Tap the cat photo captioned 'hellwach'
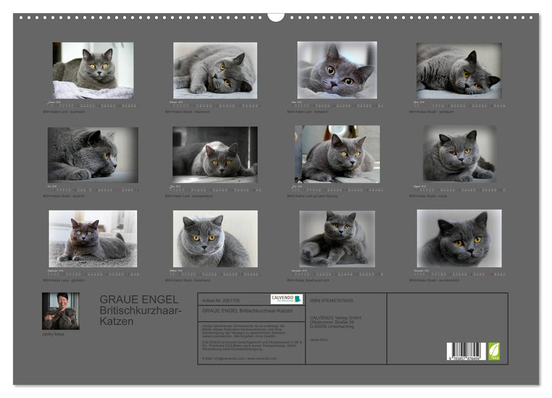pyautogui.click(x=337, y=70)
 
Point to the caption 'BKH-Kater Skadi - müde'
pyautogui.click(x=430, y=196)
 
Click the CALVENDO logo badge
pyautogui.click(x=287, y=299)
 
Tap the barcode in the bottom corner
pyautogui.click(x=466, y=351)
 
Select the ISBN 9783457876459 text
pyautogui.click(x=331, y=300)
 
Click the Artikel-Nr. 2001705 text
pyautogui.click(x=222, y=300)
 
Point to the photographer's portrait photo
pyautogui.click(x=61, y=312)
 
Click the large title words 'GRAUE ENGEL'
pyautogui.click(x=139, y=299)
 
